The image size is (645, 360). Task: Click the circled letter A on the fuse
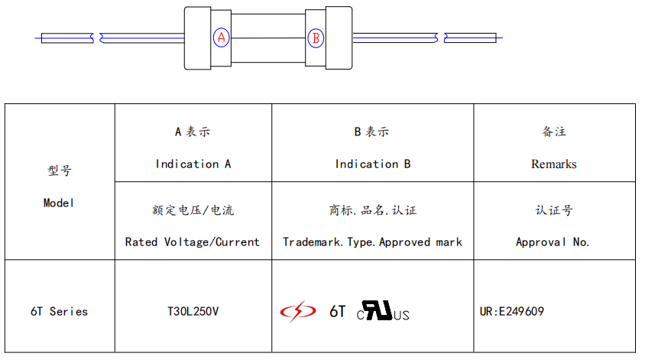tap(221, 37)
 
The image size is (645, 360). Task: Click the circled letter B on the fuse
tap(316, 37)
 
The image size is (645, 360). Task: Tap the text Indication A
tap(193, 164)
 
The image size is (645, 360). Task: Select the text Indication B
tap(372, 164)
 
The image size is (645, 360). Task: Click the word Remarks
tap(553, 164)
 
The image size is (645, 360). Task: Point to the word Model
tap(59, 203)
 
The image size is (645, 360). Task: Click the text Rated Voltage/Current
tap(193, 242)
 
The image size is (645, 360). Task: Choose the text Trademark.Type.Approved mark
tap(372, 242)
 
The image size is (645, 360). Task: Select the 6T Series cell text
tap(59, 311)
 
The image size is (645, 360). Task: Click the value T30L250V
tap(193, 311)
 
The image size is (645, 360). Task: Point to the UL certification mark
tap(383, 311)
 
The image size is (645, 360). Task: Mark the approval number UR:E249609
tap(511, 311)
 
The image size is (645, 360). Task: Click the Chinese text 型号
tap(59, 170)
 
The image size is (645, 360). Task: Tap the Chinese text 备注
tap(553, 131)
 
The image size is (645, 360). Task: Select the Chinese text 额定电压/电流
tap(193, 209)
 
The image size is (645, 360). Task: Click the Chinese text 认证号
tap(553, 209)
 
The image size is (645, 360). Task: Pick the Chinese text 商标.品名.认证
tap(372, 209)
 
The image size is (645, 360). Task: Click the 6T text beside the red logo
tap(337, 311)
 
